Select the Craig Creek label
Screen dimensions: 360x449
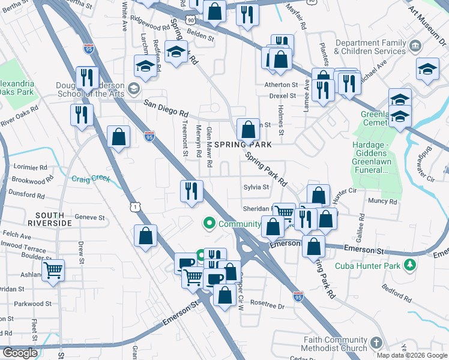pyautogui.click(x=89, y=178)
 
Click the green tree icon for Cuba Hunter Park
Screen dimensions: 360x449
pyautogui.click(x=410, y=265)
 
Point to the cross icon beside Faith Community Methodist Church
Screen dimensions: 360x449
pyautogui.click(x=376, y=343)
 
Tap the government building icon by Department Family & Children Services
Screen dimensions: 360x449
pyautogui.click(x=415, y=47)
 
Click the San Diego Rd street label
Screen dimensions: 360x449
pyautogui.click(x=166, y=108)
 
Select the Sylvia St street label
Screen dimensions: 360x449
pyautogui.click(x=256, y=187)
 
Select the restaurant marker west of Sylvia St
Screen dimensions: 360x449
pyautogui.click(x=191, y=191)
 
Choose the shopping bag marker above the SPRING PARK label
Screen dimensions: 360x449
pyautogui.click(x=248, y=129)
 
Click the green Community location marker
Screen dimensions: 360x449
pyautogui.click(x=209, y=224)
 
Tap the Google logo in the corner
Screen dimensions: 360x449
pyautogui.click(x=19, y=353)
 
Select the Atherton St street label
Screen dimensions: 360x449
pyautogui.click(x=281, y=85)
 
